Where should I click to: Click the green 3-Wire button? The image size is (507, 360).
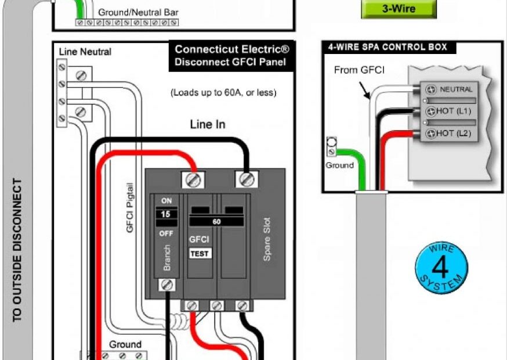pyautogui.click(x=399, y=9)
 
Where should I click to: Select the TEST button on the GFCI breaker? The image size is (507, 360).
pyautogui.click(x=200, y=253)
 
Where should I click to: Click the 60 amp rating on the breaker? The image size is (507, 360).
pyautogui.click(x=216, y=222)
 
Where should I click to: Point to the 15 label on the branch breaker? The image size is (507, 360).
pyautogui.click(x=166, y=214)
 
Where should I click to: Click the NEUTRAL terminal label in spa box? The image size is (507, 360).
pyautogui.click(x=456, y=89)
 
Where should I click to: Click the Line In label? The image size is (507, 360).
pyautogui.click(x=208, y=125)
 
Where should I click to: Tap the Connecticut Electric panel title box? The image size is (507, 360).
pyautogui.click(x=231, y=56)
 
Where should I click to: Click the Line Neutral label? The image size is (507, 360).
pyautogui.click(x=85, y=52)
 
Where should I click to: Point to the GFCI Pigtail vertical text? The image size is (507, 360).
pyautogui.click(x=131, y=207)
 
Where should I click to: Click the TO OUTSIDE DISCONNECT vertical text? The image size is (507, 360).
pyautogui.click(x=17, y=250)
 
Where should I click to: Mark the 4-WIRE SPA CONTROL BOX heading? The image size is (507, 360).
pyautogui.click(x=388, y=47)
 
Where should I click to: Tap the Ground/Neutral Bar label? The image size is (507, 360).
pyautogui.click(x=138, y=12)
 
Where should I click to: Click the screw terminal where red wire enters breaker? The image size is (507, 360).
pyautogui.click(x=194, y=179)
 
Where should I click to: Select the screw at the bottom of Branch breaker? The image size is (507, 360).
pyautogui.click(x=167, y=285)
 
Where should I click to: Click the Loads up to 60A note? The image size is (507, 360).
pyautogui.click(x=223, y=92)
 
